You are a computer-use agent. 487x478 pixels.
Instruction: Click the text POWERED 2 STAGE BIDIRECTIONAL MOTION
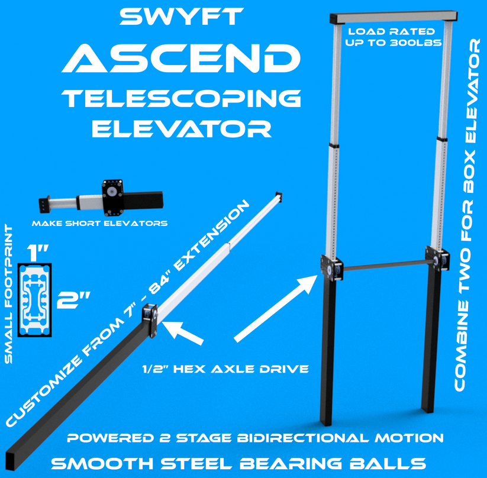pos(254,438)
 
